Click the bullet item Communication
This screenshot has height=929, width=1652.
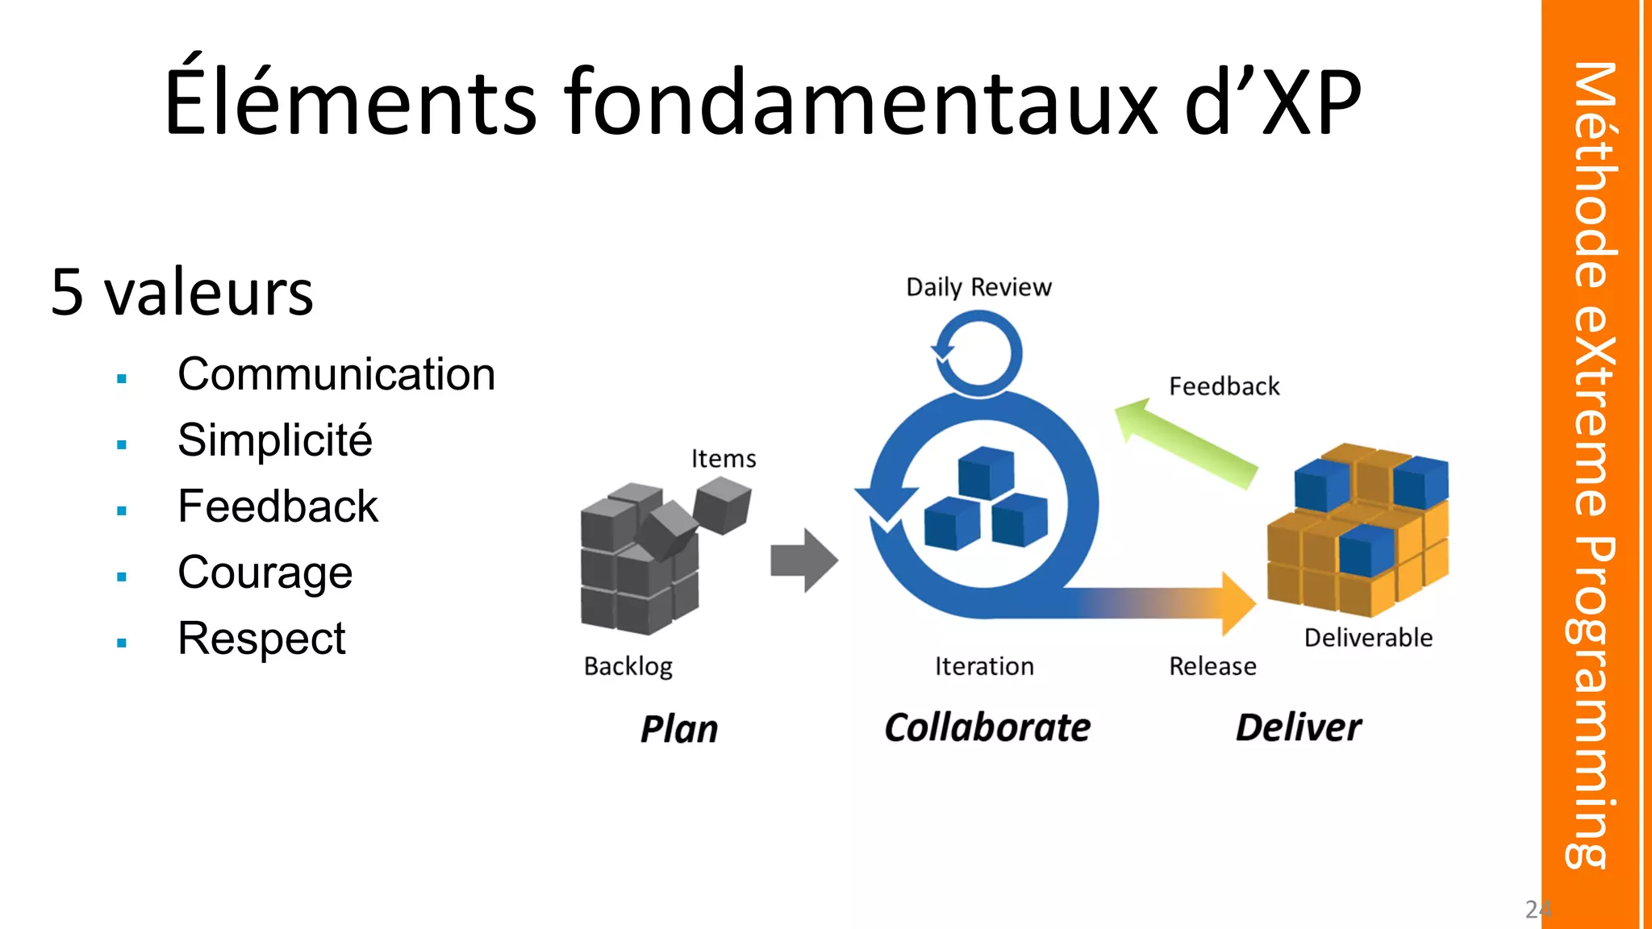tap(336, 375)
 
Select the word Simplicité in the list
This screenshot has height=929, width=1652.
tap(275, 441)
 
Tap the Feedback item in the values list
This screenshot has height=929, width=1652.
tap(277, 507)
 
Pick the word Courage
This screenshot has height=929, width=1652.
tap(265, 573)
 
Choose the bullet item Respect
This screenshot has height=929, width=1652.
tap(261, 639)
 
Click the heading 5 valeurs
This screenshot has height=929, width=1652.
tap(181, 292)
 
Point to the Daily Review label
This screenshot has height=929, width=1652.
tap(978, 287)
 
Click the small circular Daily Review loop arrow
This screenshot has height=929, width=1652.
tap(978, 353)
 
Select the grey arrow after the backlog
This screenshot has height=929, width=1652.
tap(803, 560)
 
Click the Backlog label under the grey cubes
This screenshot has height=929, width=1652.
tap(628, 667)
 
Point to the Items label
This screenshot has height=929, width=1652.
tap(724, 459)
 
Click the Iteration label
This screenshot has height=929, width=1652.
tap(984, 667)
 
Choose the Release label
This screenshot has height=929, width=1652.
tap(1212, 667)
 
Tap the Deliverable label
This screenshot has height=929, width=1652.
tap(1368, 638)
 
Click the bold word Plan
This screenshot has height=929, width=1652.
tap(679, 729)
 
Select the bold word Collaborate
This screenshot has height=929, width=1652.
tap(987, 727)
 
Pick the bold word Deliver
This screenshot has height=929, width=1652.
tap(1299, 727)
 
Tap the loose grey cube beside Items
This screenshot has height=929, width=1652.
tap(722, 505)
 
